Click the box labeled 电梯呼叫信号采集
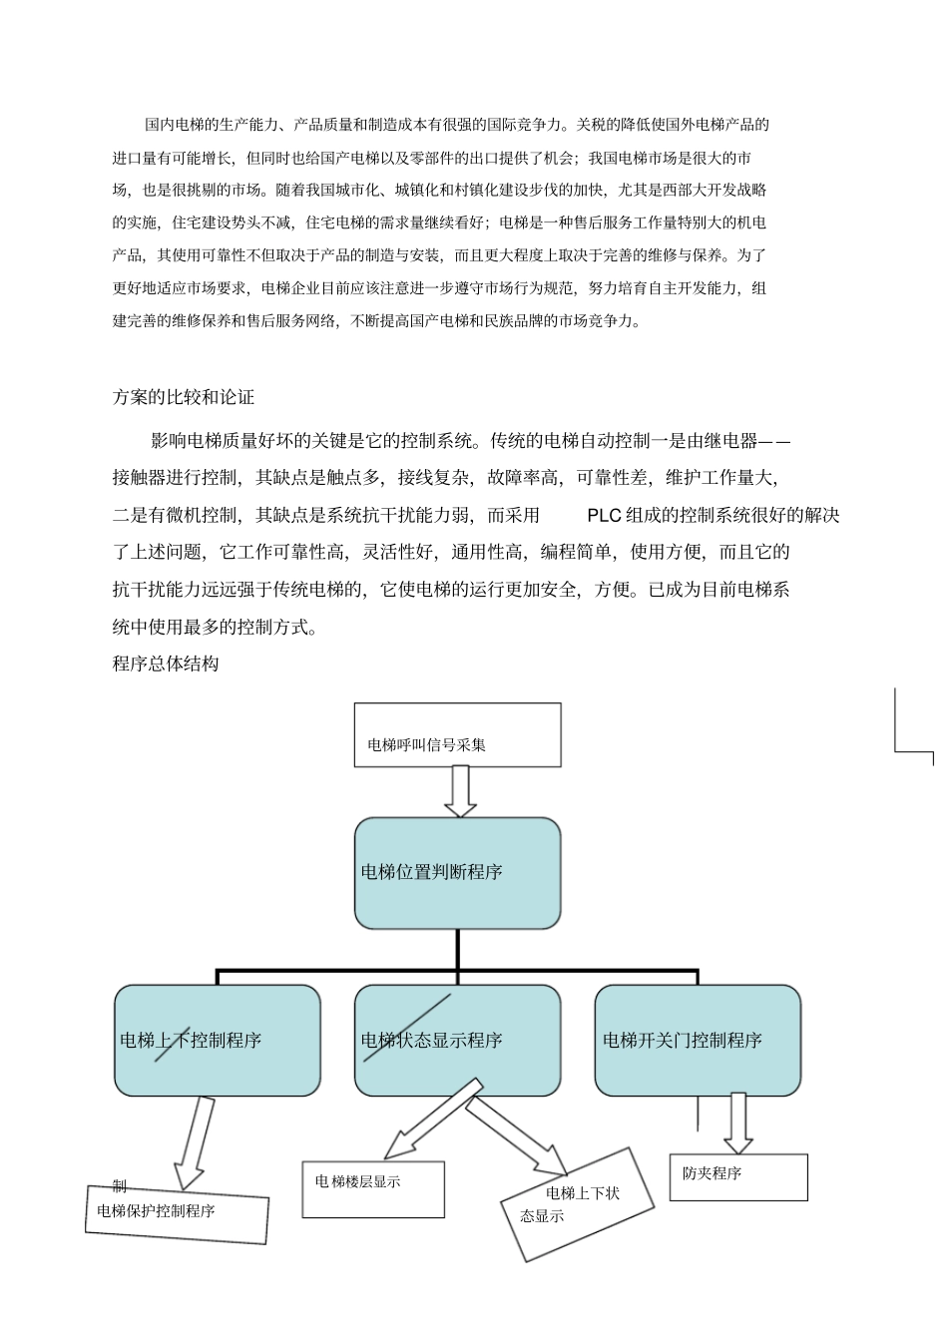[457, 734]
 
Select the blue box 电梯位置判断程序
[457, 873]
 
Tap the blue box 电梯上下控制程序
[217, 1041]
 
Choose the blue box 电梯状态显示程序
[457, 1041]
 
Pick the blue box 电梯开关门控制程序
[698, 1041]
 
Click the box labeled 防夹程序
[737, 1177]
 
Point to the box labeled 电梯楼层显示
[373, 1188]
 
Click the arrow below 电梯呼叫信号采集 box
[459, 791]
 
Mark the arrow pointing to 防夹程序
[737, 1122]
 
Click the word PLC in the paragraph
[605, 515]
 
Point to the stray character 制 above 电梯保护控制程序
[119, 1185]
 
